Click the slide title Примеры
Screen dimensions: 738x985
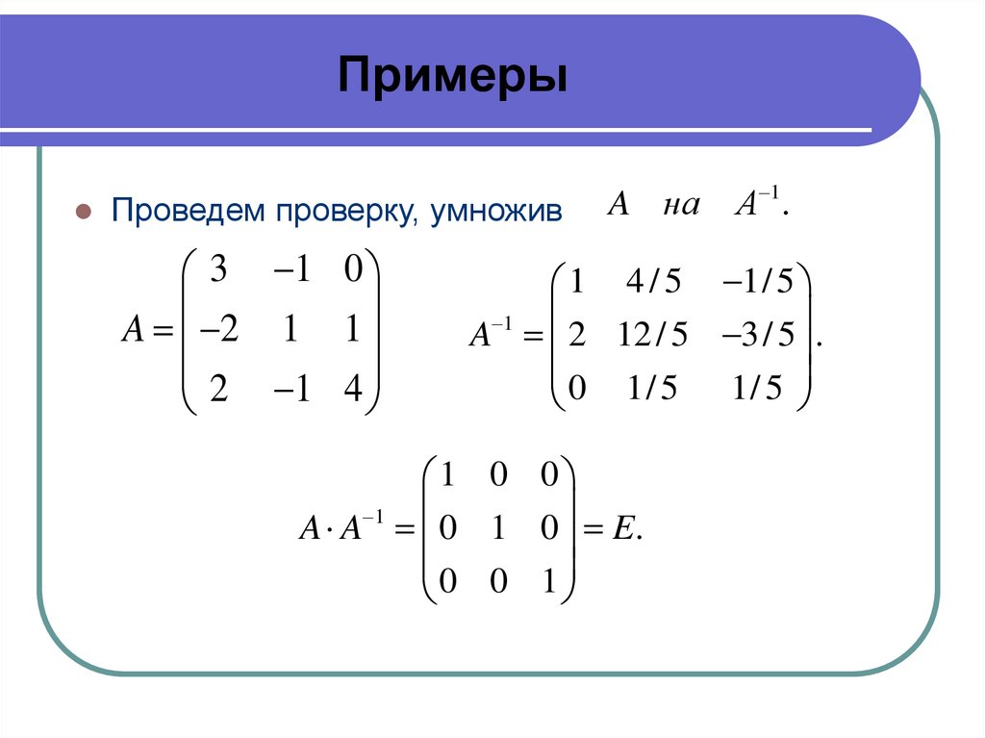coord(451,75)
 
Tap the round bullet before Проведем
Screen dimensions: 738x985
coord(84,211)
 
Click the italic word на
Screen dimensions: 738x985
coord(681,206)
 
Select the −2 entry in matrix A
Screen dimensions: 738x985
coord(218,331)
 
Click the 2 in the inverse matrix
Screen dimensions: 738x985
coord(577,336)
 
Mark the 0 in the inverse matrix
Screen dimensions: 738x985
coord(577,388)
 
